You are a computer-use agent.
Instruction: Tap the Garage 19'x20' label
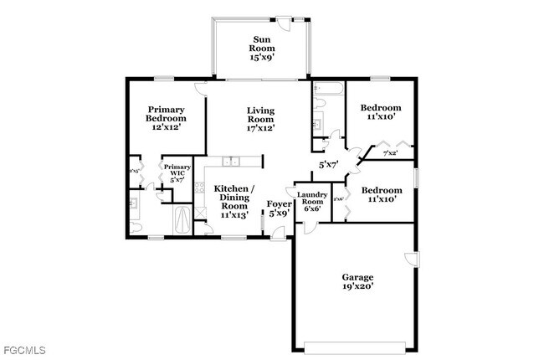pyautogui.click(x=357, y=281)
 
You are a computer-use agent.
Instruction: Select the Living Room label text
pyautogui.click(x=260, y=119)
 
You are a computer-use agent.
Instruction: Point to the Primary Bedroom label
pyautogui.click(x=166, y=118)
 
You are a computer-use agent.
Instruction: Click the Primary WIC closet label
pyautogui.click(x=177, y=173)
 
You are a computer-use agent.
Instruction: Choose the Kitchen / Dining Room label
pyautogui.click(x=234, y=202)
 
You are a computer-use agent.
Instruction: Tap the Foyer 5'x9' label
pyautogui.click(x=279, y=208)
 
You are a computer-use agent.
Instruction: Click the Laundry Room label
pyautogui.click(x=312, y=202)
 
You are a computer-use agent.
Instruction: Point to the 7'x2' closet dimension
pyautogui.click(x=390, y=154)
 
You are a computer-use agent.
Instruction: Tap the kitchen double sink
pyautogui.click(x=231, y=161)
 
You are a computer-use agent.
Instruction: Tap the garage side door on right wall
pyautogui.click(x=409, y=257)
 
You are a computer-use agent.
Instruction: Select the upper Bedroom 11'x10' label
pyautogui.click(x=381, y=112)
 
